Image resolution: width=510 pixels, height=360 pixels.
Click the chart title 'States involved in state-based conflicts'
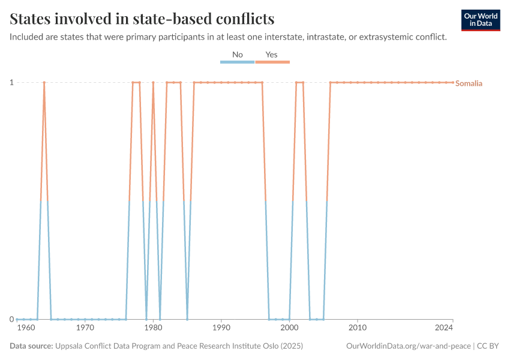(x=142, y=19)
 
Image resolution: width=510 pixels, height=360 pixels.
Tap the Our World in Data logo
(x=480, y=20)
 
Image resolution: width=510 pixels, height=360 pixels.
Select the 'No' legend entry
(x=238, y=55)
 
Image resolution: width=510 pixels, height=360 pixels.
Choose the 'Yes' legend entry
(x=272, y=55)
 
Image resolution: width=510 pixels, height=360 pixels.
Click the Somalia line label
(x=469, y=83)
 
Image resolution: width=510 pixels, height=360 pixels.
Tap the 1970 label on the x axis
(x=85, y=328)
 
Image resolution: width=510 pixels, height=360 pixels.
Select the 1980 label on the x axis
(x=153, y=328)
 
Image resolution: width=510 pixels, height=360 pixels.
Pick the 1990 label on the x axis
(x=221, y=328)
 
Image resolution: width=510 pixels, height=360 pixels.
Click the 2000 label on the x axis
(x=289, y=328)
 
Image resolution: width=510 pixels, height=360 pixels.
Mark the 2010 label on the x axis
(x=358, y=328)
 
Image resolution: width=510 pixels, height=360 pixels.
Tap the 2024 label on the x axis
(x=445, y=328)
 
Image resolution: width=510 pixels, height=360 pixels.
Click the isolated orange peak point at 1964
(x=44, y=82)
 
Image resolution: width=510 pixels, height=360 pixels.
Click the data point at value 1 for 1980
(x=153, y=82)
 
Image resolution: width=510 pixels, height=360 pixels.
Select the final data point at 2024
(x=453, y=82)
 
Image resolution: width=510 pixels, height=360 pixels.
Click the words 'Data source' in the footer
(x=31, y=346)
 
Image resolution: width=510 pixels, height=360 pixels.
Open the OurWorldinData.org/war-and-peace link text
(x=408, y=346)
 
